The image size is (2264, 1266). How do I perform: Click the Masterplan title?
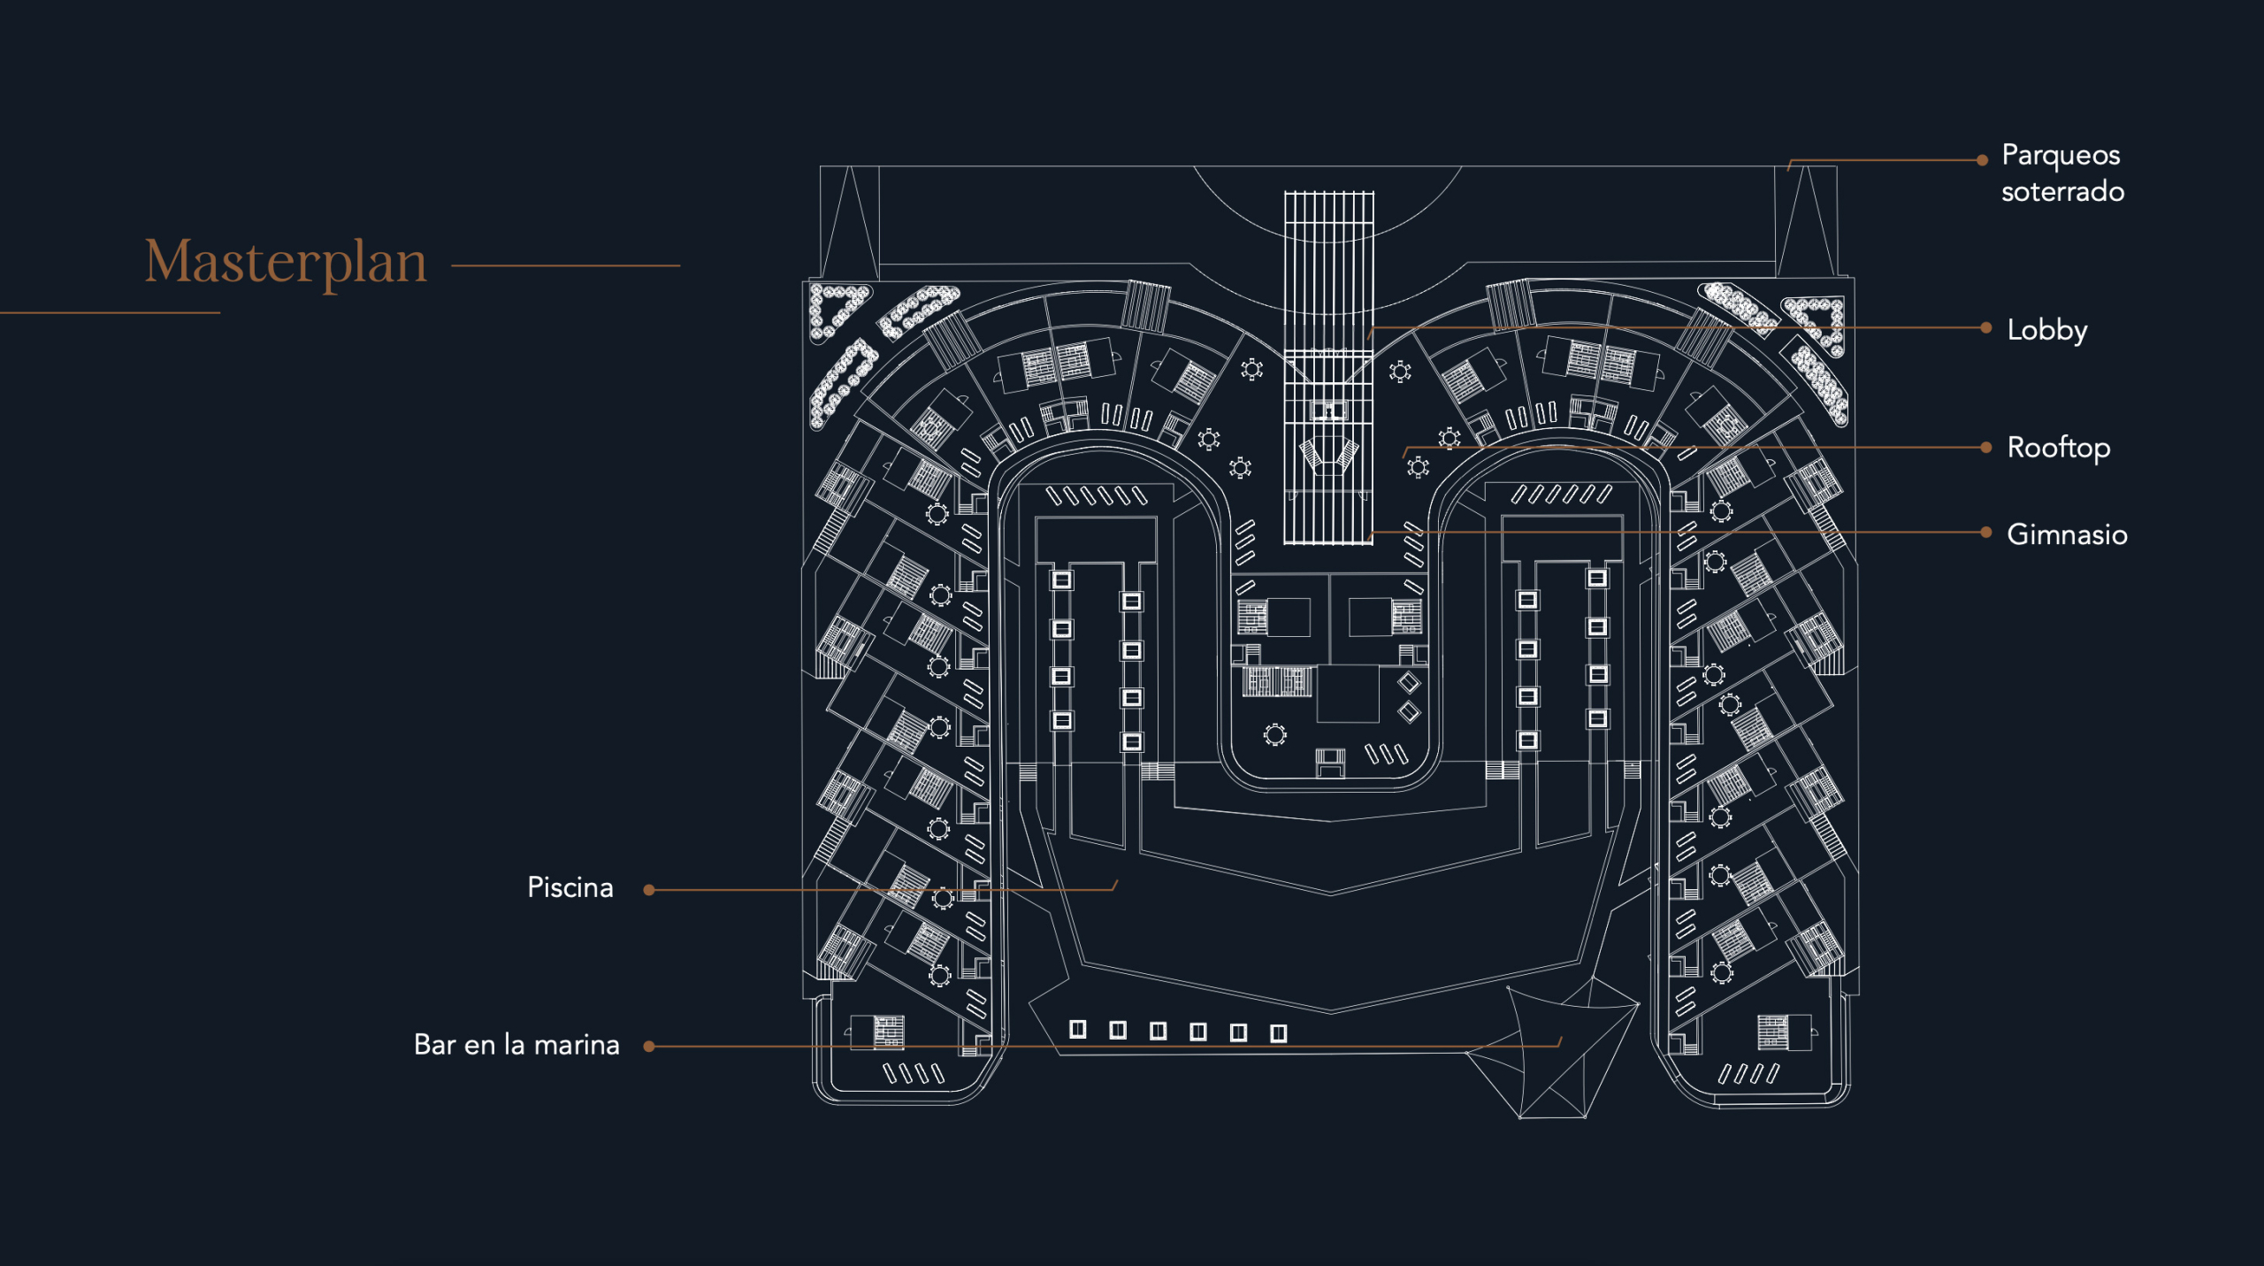[x=286, y=263]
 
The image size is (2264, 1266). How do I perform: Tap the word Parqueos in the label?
[x=2061, y=157]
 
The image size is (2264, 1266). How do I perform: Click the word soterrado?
[x=2062, y=192]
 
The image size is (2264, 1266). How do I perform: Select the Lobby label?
[x=2046, y=331]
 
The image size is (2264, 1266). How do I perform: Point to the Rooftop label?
[x=2058, y=449]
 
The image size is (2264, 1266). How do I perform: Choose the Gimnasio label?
[x=2067, y=534]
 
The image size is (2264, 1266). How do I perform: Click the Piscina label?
[x=570, y=887]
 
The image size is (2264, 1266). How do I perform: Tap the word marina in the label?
[x=577, y=1046]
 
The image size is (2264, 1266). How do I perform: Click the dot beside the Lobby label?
[x=1986, y=328]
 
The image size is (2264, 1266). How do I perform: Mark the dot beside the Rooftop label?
[x=1986, y=448]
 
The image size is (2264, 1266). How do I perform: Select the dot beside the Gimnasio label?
[x=1986, y=533]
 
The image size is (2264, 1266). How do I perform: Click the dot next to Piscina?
[x=649, y=890]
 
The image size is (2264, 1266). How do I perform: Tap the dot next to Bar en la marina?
[x=649, y=1047]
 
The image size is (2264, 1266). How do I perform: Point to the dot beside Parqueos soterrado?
[x=1983, y=160]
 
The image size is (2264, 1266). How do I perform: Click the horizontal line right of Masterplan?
[x=566, y=265]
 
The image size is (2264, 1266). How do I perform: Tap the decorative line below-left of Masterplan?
[x=110, y=312]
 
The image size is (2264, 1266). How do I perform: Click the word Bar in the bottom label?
[x=435, y=1046]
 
